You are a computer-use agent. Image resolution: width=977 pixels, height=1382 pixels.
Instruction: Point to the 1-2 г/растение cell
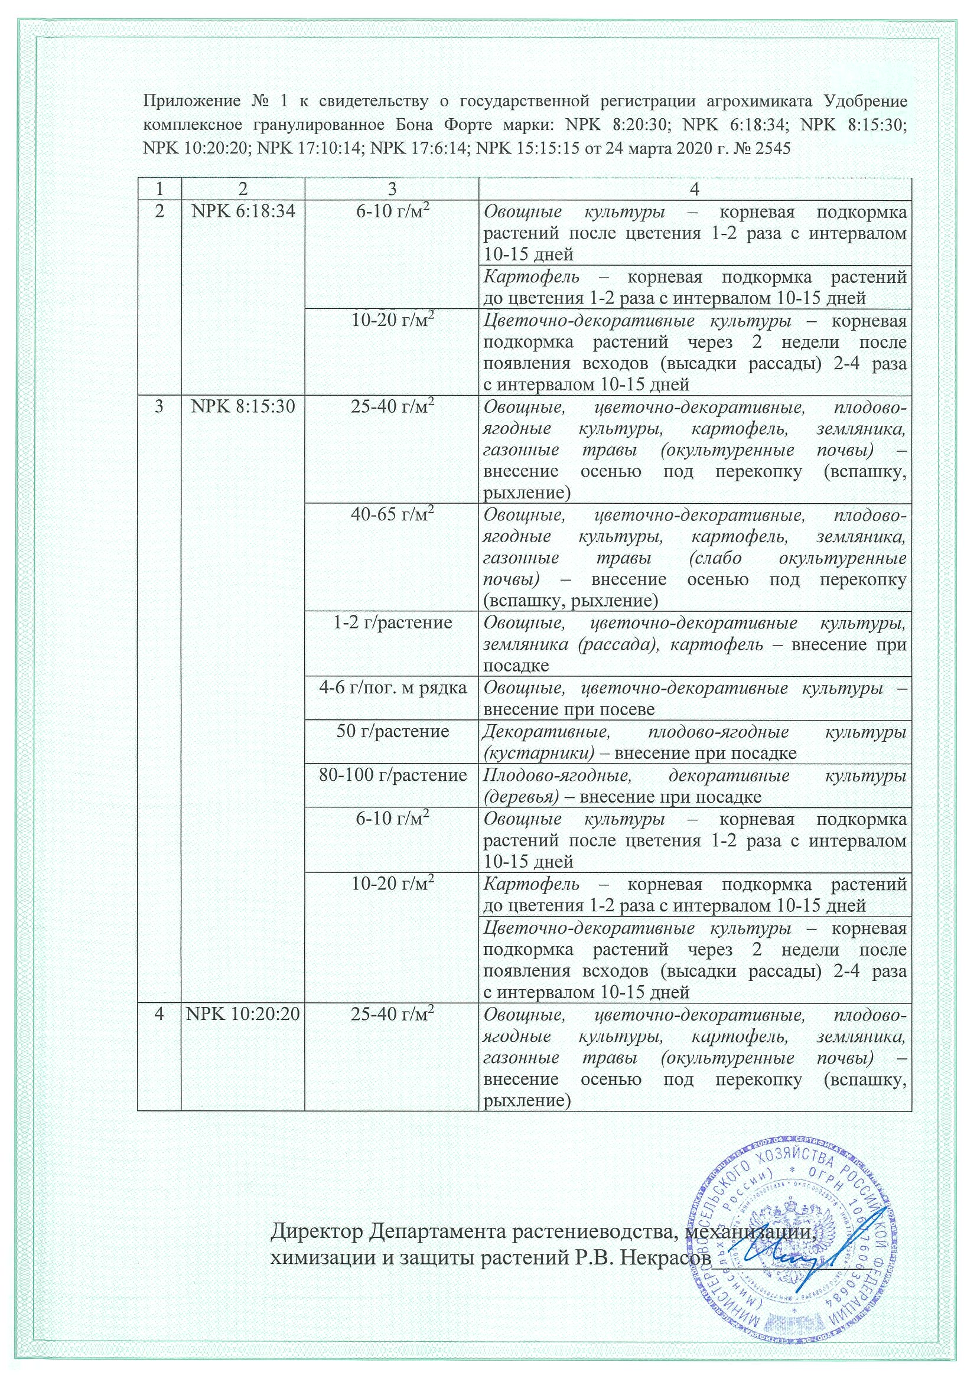(x=392, y=622)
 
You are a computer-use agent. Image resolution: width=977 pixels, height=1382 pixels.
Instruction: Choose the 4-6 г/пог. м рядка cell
(x=392, y=688)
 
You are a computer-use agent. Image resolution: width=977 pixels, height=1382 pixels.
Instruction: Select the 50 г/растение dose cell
(x=392, y=731)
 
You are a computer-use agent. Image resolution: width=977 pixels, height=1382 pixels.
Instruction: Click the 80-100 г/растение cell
(x=392, y=775)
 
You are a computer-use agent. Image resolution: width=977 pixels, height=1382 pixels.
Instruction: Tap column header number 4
(x=695, y=188)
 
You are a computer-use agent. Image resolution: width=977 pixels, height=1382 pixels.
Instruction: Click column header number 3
(x=392, y=188)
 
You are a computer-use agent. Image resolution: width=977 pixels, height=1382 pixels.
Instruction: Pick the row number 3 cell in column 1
(x=159, y=407)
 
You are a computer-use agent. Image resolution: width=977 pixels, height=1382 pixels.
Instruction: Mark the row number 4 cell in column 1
(x=159, y=1014)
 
